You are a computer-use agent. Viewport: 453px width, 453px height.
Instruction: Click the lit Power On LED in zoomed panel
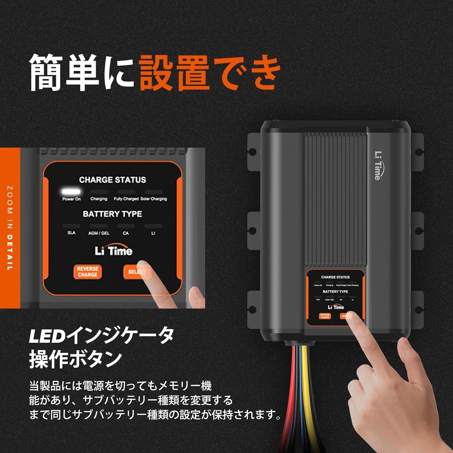coord(71,191)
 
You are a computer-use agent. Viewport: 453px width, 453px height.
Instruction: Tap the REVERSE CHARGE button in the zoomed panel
coord(87,272)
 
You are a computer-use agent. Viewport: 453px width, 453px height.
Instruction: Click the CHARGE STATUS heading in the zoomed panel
coord(112,180)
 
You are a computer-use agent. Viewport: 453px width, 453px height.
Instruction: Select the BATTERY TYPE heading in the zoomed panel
coord(112,214)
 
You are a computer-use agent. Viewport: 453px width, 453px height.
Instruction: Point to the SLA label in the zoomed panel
coord(71,233)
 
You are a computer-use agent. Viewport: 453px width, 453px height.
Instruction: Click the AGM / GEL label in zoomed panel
coord(99,233)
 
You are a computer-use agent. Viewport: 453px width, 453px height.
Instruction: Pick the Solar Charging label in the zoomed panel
coord(154,199)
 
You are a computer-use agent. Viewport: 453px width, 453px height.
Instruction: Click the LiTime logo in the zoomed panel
coord(114,251)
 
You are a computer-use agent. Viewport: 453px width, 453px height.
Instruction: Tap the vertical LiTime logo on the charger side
coord(377,165)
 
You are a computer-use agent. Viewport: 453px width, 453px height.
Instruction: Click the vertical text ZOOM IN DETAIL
coord(10,228)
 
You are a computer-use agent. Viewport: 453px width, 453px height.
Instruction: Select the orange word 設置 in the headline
coord(174,73)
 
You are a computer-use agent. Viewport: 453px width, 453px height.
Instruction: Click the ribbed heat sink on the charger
coord(335,199)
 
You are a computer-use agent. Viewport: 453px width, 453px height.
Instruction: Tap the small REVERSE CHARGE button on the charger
coord(325,316)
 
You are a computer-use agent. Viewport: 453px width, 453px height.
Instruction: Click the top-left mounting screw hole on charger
coord(253,152)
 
